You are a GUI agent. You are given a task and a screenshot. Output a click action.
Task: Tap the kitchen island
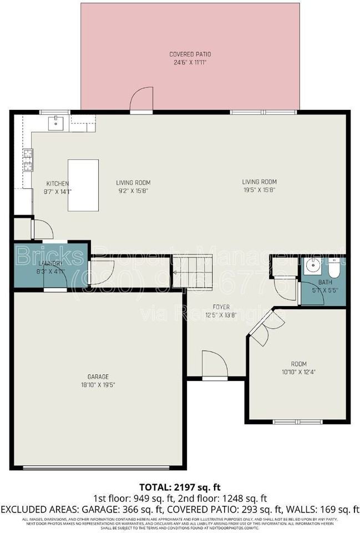tap(83, 185)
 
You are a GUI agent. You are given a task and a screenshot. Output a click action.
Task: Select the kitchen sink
tap(57, 123)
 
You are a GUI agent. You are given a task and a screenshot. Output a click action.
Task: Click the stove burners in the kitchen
tap(27, 159)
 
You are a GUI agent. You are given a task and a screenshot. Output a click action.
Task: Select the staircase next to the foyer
tap(192, 271)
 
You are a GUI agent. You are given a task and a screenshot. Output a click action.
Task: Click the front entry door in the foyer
tap(215, 365)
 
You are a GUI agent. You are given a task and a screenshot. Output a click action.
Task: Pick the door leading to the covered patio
tap(141, 100)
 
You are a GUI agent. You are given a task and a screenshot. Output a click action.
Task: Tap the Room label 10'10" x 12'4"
tap(298, 368)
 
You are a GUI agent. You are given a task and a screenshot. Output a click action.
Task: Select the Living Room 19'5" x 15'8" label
tap(259, 185)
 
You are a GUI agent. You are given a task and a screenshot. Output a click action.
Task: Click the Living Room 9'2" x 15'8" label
tap(133, 186)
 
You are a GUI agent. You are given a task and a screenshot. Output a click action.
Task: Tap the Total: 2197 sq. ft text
tap(180, 487)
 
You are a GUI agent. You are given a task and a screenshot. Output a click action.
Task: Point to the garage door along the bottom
tap(98, 467)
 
